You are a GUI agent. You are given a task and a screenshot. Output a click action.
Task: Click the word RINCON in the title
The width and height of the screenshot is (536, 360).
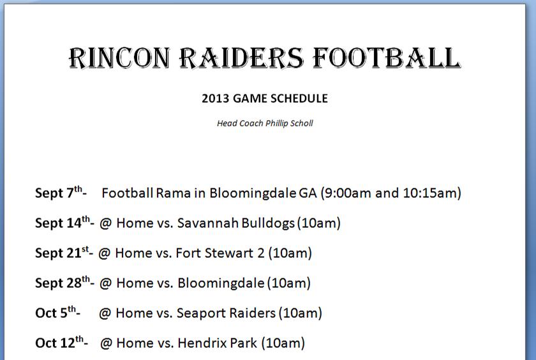coord(119,57)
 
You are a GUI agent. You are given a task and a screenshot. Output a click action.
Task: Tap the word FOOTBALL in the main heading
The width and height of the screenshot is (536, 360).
coord(387,57)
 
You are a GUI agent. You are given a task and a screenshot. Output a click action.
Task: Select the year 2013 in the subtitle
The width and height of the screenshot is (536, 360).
coord(216,98)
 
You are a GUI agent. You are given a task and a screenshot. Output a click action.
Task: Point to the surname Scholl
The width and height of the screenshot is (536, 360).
coord(301,123)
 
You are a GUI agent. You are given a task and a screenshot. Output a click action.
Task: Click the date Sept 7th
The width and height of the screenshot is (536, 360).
coord(59,192)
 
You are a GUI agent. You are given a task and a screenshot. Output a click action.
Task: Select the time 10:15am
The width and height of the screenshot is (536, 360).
coord(429,193)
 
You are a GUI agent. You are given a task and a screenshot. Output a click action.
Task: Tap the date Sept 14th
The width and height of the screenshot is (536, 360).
coord(63,222)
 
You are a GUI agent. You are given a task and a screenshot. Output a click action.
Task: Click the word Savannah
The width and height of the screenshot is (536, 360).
coord(208,223)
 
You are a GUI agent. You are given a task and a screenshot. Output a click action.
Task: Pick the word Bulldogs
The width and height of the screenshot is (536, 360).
coord(268,223)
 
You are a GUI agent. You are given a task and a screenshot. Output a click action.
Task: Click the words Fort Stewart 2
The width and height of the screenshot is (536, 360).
coord(220,253)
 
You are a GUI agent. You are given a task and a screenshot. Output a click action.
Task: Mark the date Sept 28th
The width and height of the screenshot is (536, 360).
coord(63,282)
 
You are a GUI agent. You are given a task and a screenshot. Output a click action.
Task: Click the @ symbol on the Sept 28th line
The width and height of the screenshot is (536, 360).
coord(106,283)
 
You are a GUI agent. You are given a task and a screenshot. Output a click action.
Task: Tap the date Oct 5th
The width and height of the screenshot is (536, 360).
coord(56,313)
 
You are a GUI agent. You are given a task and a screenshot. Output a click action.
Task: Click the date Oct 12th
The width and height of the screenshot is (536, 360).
coord(59,343)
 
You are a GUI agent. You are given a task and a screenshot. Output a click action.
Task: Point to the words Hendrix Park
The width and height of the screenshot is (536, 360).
coord(218,343)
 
